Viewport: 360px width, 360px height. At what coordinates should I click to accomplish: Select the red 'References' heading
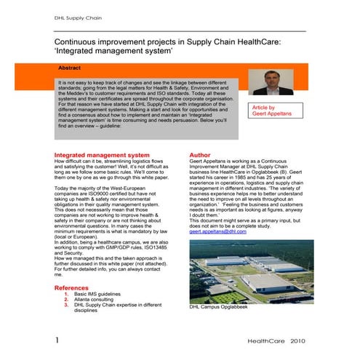tap(76, 288)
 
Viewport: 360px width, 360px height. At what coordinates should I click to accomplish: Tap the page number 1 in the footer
tap(57, 340)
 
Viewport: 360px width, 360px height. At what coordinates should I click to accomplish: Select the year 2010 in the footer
tap(303, 340)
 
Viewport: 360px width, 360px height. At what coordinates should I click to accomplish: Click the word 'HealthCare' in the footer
tap(266, 340)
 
